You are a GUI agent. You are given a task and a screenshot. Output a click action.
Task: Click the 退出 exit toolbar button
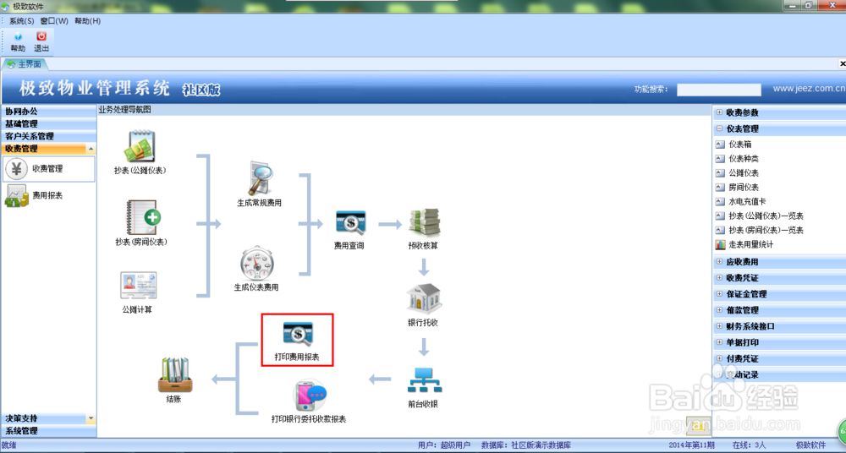[41, 40]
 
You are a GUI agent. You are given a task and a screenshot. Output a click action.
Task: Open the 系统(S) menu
[22, 20]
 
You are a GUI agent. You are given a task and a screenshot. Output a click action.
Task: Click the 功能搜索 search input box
[719, 90]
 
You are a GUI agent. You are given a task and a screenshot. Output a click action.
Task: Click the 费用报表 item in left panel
[47, 195]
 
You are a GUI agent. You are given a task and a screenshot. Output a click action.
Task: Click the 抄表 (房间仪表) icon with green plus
[141, 217]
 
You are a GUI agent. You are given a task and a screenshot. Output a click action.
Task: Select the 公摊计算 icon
[138, 286]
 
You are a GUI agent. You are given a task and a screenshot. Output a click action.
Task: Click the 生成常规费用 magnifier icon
[258, 179]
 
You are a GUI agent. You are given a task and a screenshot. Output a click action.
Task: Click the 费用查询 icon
[349, 222]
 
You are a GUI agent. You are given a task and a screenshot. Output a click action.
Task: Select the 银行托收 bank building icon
[423, 299]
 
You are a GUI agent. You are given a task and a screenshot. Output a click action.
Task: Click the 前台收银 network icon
[423, 381]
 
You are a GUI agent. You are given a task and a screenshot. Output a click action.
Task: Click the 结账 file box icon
[173, 374]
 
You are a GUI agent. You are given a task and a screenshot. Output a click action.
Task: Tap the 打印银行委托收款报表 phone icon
[309, 396]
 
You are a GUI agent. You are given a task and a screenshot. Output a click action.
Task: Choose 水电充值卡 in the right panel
[748, 202]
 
